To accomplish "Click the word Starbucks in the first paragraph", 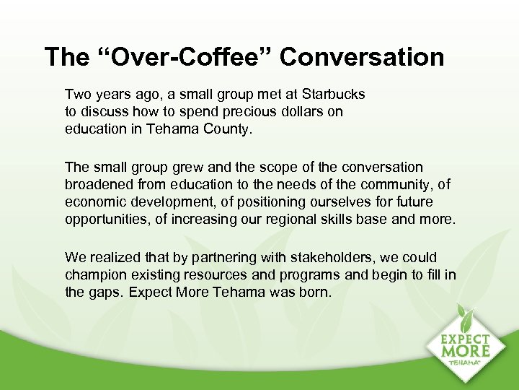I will click(333, 95).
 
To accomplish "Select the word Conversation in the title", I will click(362, 57).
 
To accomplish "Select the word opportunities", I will click(105, 219).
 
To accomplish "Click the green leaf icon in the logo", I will click(465, 318).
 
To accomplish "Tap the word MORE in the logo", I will click(467, 351).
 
